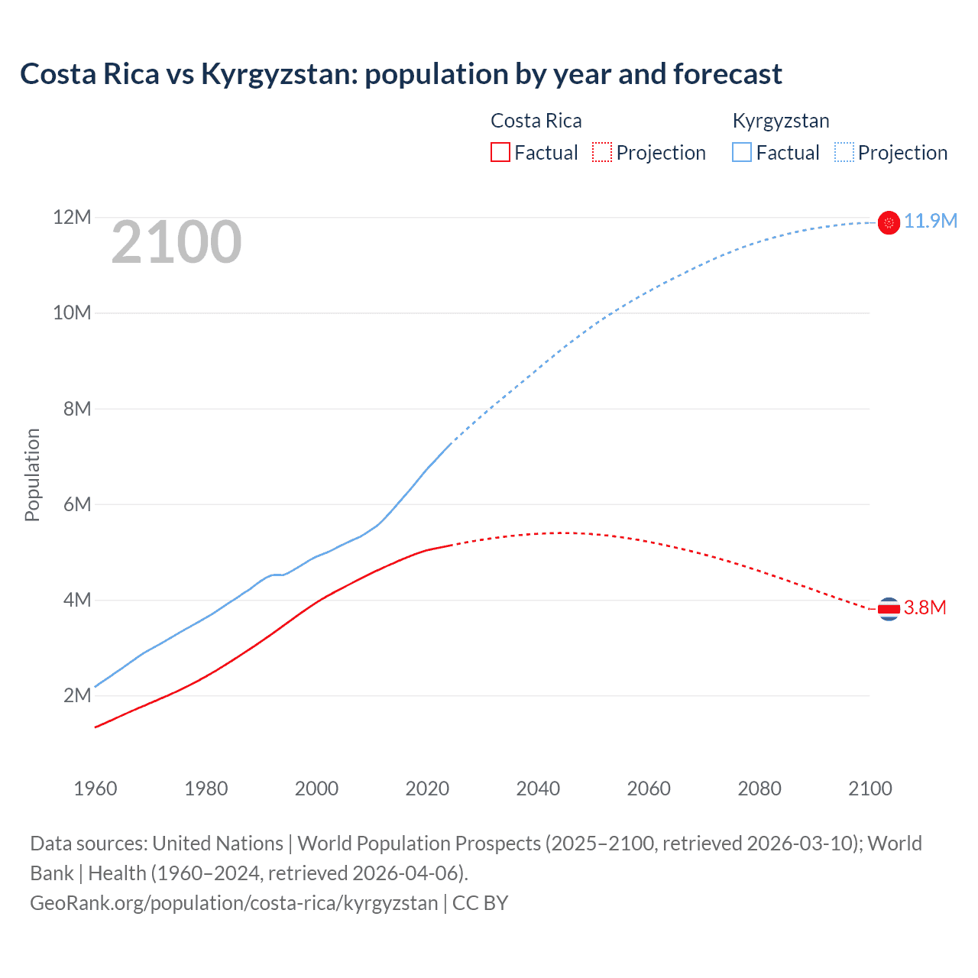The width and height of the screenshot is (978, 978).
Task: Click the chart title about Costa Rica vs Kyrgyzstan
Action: click(x=400, y=74)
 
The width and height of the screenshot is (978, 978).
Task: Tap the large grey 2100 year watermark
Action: click(x=176, y=243)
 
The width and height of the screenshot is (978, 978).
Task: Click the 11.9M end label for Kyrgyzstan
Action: click(x=930, y=222)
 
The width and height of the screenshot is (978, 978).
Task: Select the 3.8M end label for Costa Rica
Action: click(x=925, y=608)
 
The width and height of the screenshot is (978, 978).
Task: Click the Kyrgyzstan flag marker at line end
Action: click(x=889, y=222)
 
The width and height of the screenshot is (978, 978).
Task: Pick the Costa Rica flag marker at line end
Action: click(x=889, y=609)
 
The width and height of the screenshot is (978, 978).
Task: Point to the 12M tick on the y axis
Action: click(x=72, y=218)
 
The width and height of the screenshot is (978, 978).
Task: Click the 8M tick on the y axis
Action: click(x=77, y=409)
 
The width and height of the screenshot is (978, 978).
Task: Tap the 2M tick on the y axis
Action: click(x=77, y=695)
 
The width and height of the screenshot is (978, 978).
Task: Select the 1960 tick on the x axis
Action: click(x=96, y=789)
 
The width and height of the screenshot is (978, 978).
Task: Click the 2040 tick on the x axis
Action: click(x=538, y=789)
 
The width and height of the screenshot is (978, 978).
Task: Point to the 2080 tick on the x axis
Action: click(x=759, y=789)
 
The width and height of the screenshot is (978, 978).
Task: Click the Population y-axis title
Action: click(x=32, y=474)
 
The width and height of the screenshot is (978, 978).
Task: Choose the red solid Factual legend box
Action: click(x=500, y=152)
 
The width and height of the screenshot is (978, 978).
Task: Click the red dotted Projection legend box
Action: click(x=602, y=152)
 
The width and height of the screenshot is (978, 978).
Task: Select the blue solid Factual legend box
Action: click(x=742, y=152)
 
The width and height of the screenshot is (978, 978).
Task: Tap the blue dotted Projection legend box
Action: click(x=844, y=152)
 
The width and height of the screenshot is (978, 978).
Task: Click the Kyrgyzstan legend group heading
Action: click(x=780, y=121)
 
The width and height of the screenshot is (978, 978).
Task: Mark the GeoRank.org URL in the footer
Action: click(x=234, y=903)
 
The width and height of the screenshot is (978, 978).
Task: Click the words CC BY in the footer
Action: click(x=481, y=903)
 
